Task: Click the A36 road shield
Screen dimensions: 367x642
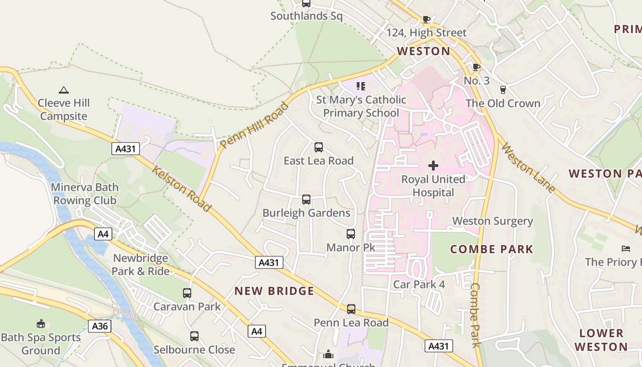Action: pyautogui.click(x=100, y=326)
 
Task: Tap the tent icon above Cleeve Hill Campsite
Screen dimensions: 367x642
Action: pyautogui.click(x=63, y=90)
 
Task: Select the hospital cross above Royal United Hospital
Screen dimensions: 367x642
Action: pyautogui.click(x=433, y=165)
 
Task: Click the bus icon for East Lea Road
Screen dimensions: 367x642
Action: pyautogui.click(x=318, y=147)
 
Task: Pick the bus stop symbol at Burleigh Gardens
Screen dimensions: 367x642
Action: pyautogui.click(x=306, y=200)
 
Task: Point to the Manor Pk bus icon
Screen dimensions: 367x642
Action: pyautogui.click(x=351, y=234)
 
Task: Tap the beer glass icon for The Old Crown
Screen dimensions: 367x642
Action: pyautogui.click(x=503, y=89)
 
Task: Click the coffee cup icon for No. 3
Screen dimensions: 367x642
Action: pyautogui.click(x=476, y=67)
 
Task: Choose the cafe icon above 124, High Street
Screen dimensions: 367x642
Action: pyautogui.click(x=426, y=19)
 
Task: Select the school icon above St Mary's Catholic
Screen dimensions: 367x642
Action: pyautogui.click(x=361, y=86)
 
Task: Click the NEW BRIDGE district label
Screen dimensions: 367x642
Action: pyautogui.click(x=274, y=291)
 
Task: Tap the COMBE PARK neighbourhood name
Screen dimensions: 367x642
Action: pyautogui.click(x=492, y=249)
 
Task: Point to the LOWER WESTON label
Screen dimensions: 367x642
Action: pyautogui.click(x=601, y=339)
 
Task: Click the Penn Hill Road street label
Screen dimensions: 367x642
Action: pyautogui.click(x=255, y=125)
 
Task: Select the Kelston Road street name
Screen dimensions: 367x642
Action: pyautogui.click(x=182, y=189)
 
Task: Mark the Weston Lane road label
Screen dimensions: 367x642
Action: pyautogui.click(x=528, y=167)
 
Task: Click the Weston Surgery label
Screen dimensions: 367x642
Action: pyautogui.click(x=493, y=221)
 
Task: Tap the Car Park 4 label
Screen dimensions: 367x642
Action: pyautogui.click(x=419, y=284)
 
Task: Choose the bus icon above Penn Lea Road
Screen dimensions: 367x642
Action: pyautogui.click(x=351, y=309)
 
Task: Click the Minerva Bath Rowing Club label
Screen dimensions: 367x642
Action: pyautogui.click(x=85, y=194)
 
